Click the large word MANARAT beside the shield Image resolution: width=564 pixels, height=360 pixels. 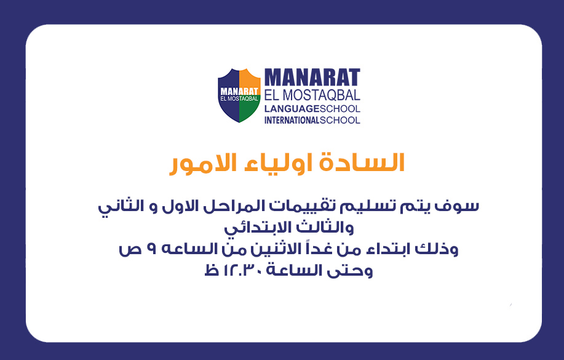coord(312,78)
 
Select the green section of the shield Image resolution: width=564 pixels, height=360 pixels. coord(249,111)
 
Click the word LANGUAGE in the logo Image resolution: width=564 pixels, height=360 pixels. coord(292,109)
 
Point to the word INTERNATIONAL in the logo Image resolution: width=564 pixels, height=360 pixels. coord(292,120)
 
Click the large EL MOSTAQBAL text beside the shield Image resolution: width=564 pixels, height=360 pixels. coord(312,95)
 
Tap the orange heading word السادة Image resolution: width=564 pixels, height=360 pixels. coord(362,163)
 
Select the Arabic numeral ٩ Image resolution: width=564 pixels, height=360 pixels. coord(151,249)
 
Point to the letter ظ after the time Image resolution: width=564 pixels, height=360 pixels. coord(212,270)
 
